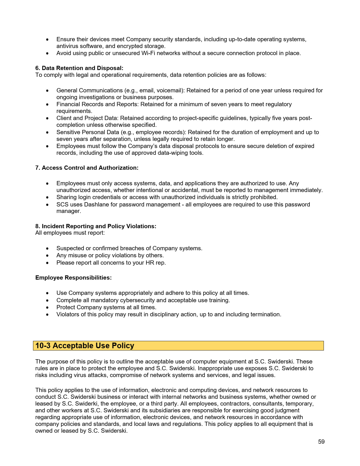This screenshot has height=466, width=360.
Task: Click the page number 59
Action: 321,442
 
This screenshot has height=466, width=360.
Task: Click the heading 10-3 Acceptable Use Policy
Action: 85,346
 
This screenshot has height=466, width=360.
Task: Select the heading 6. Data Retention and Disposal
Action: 79,68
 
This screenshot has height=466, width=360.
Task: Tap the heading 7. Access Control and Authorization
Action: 87,168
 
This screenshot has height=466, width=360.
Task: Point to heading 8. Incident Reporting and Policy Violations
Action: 95,226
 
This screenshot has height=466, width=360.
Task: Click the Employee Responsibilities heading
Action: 73,278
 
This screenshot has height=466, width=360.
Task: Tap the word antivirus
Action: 67,46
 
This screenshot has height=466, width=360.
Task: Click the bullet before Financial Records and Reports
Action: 47,104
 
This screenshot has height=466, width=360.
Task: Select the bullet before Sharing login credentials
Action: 47,197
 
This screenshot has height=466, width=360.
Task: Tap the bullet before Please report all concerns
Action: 47,263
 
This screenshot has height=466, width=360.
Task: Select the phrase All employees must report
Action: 70,233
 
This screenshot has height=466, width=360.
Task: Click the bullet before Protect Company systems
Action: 47,308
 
